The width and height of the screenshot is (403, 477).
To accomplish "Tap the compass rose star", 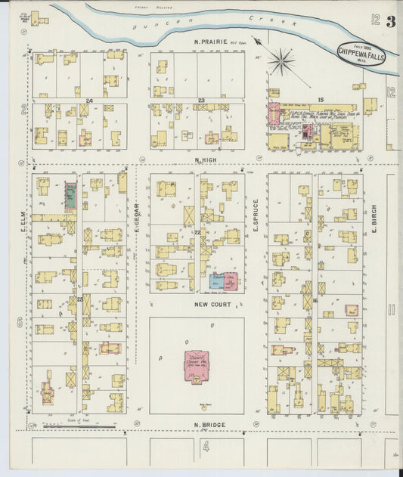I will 283,60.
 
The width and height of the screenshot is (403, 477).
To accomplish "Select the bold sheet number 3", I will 391,21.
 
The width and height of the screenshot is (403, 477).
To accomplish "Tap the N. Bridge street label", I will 208,425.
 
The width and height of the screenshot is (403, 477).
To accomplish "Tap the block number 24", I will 89,101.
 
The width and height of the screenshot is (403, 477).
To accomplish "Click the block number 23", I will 201,101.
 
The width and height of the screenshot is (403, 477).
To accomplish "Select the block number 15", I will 321,100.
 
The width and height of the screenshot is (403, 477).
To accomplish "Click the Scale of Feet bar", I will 79,426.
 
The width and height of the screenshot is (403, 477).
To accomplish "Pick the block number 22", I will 197,232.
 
